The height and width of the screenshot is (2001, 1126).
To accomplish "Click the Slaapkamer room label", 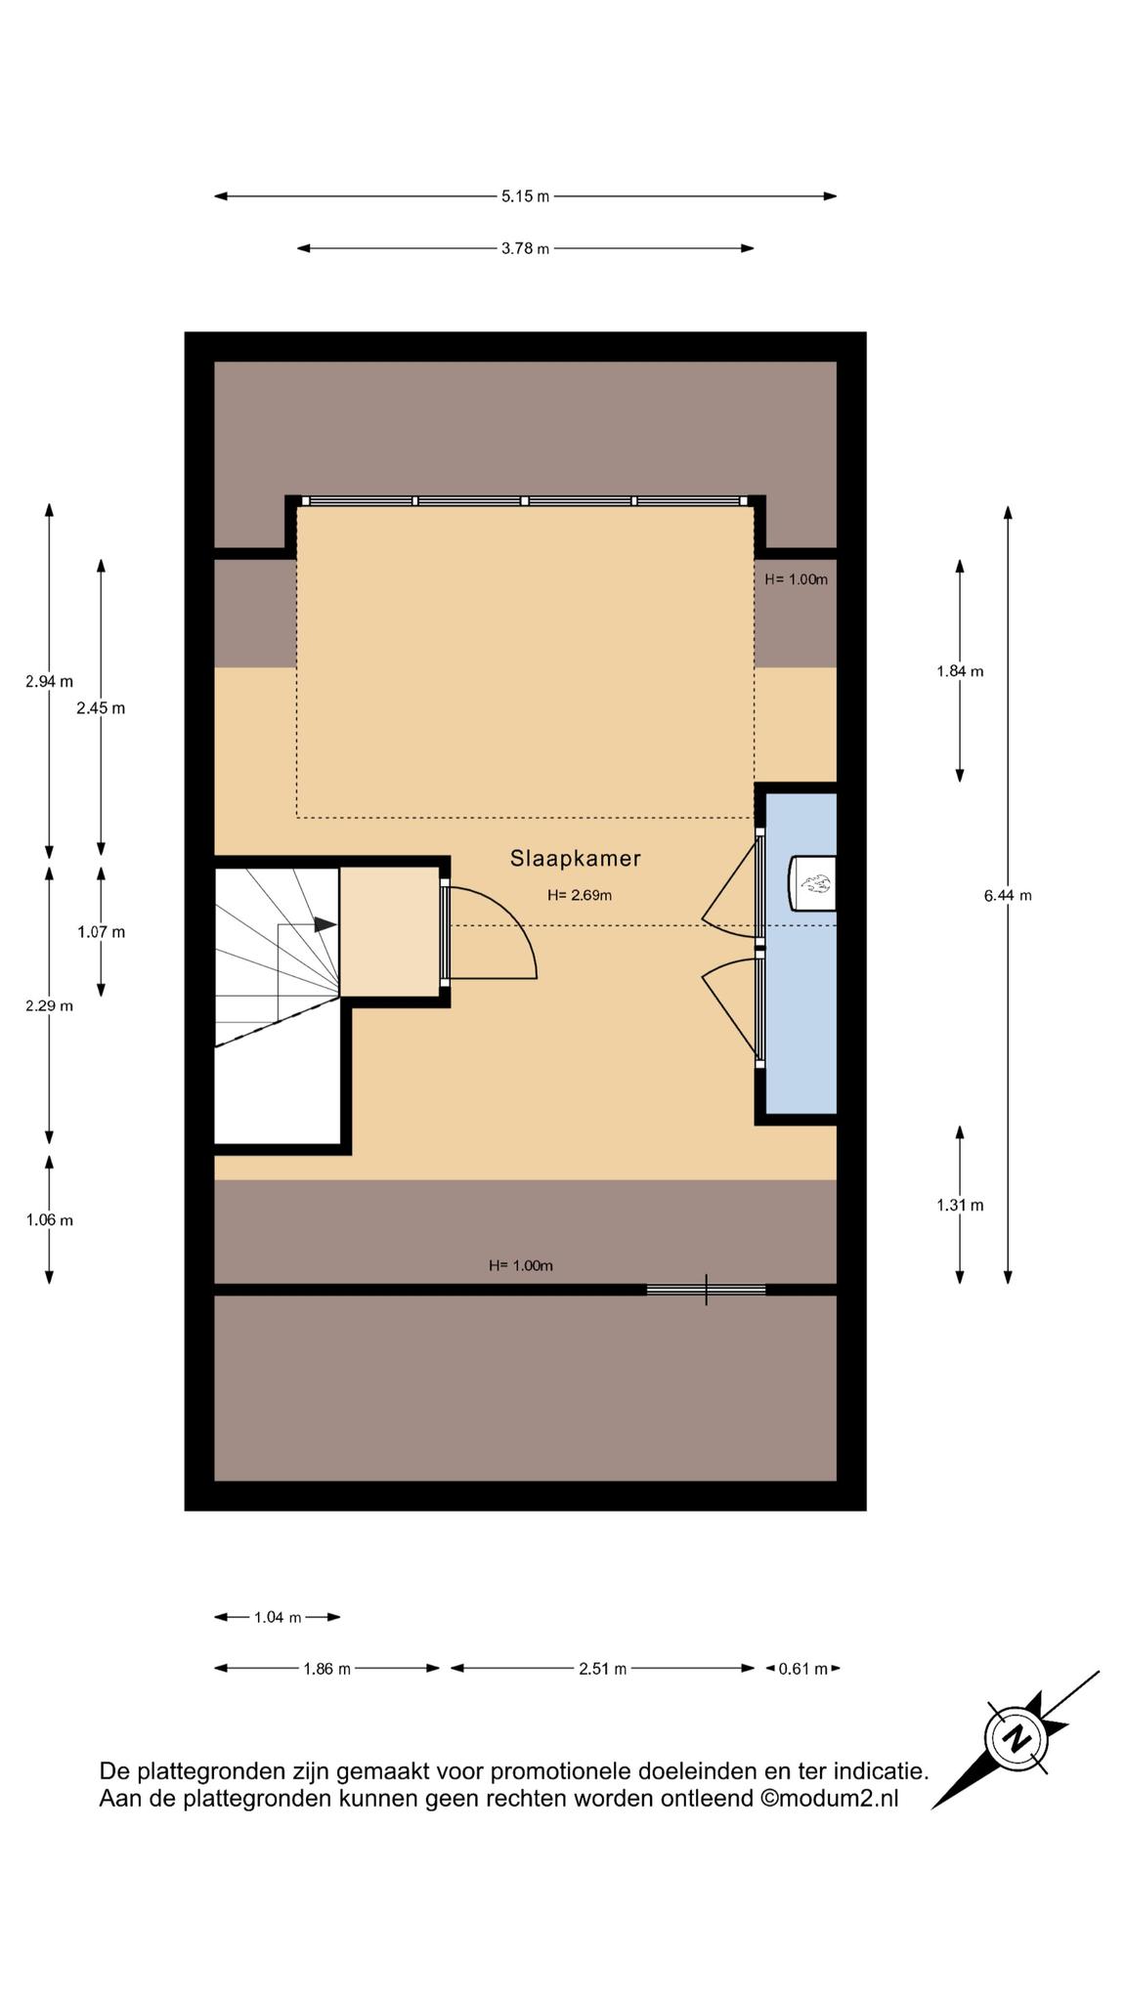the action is (575, 859).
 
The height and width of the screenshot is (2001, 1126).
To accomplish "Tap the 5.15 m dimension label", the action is (526, 196).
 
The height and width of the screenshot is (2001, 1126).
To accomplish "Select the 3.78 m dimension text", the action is (526, 248).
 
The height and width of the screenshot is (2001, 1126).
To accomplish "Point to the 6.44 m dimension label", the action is (1008, 895).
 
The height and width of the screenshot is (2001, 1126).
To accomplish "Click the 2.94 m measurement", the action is (49, 681).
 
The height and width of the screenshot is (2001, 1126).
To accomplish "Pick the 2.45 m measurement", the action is (101, 708).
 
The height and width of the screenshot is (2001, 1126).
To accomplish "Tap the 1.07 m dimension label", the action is (102, 932).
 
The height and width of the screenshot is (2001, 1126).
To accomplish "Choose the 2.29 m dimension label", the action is (49, 1005).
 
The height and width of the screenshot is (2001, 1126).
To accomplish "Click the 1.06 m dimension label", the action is (49, 1220).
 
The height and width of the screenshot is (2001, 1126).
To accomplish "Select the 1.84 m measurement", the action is (960, 671).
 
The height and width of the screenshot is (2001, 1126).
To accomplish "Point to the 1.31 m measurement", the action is (960, 1205).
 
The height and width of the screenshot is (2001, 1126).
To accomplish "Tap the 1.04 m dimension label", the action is (278, 1617).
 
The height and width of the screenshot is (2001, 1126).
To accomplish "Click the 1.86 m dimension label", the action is (326, 1669).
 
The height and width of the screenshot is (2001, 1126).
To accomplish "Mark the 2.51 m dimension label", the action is (602, 1669).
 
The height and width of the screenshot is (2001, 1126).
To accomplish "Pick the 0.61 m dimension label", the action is (802, 1669).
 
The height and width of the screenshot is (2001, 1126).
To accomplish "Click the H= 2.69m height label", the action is (580, 895).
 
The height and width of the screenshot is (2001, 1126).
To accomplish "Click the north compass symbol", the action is (1016, 1739).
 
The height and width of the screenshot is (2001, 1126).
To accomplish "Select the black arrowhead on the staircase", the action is (325, 923).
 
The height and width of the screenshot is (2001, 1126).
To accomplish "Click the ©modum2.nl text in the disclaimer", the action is (829, 1799).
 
